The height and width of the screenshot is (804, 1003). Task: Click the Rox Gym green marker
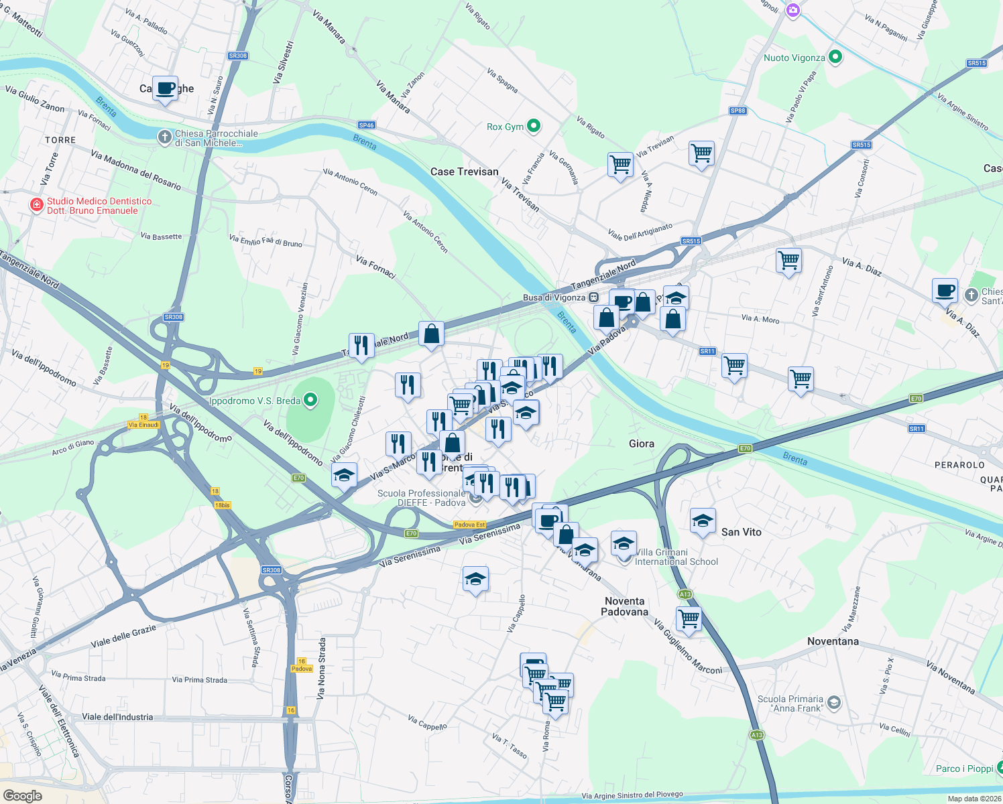pos(534,126)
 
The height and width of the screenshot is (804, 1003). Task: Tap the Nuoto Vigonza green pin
pos(835,58)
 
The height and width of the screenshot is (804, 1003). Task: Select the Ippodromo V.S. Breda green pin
pos(310,401)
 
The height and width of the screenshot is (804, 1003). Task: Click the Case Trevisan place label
pos(464,172)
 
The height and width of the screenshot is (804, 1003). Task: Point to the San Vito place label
pos(741,532)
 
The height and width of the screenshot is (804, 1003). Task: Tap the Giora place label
pos(641,444)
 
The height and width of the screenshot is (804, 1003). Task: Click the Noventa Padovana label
pos(624,606)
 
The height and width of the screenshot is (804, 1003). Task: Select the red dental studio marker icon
pos(37,205)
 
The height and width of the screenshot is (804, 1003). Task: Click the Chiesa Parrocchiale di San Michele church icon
pos(164,137)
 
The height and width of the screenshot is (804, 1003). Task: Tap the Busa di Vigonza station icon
pos(594,297)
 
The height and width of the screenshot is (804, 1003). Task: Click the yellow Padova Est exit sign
pos(469,525)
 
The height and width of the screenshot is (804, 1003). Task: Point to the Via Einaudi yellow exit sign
pos(143,425)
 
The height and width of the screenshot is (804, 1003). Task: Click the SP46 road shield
pos(366,125)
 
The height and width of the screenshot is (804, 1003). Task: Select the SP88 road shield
pos(737,111)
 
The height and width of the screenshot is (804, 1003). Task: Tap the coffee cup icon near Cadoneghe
pos(165,88)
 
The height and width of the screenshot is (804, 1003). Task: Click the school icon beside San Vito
pos(702,521)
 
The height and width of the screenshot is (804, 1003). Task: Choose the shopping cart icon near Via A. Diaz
pos(788,260)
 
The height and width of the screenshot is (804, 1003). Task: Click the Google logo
pos(23,795)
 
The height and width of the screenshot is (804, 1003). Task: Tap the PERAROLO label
pos(959,465)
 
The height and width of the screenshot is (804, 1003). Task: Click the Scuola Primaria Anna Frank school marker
pos(833,702)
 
